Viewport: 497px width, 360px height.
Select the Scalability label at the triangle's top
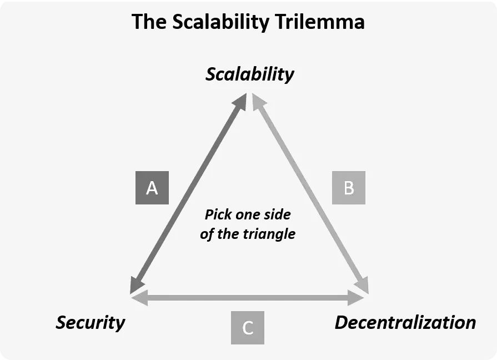point(249,74)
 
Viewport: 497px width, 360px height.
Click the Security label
point(90,322)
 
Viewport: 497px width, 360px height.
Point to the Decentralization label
point(405,322)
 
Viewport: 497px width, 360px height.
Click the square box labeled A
point(152,188)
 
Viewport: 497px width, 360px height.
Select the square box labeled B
point(348,188)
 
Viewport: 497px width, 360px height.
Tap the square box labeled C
point(248,328)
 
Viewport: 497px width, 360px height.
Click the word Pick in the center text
point(217,214)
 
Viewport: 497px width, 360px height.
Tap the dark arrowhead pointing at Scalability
point(241,101)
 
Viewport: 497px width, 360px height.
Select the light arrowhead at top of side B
point(258,101)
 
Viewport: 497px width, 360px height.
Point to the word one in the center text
point(248,214)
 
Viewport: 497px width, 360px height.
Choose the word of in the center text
point(207,234)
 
